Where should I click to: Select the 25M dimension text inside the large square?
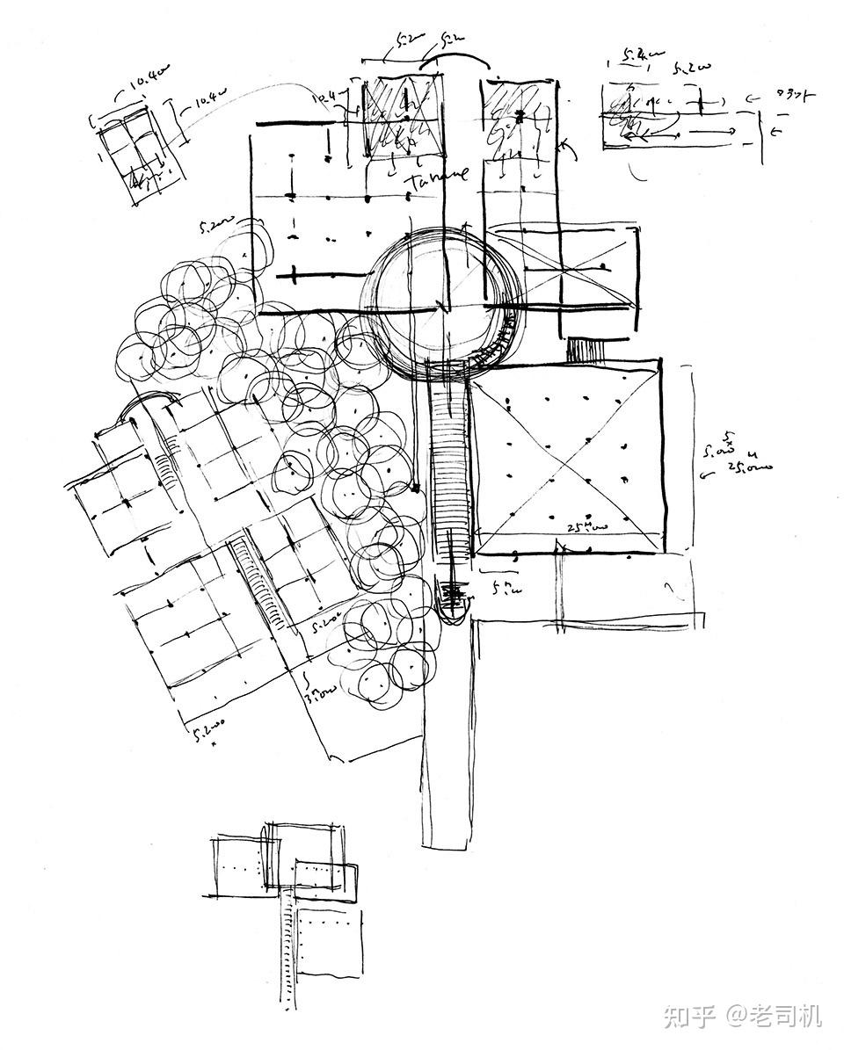(x=586, y=527)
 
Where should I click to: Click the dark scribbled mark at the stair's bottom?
(x=454, y=597)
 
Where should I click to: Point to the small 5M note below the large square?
(x=504, y=585)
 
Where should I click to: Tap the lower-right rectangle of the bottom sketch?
(x=330, y=940)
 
